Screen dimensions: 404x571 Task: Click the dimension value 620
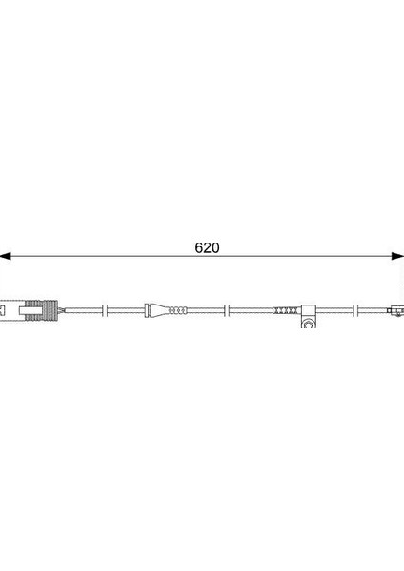(x=207, y=247)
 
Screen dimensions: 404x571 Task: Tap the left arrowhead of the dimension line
(x=5, y=256)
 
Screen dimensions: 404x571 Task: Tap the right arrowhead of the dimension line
(x=397, y=256)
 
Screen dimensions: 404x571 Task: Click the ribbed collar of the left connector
(x=41, y=310)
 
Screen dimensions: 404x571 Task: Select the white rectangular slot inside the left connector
(x=30, y=310)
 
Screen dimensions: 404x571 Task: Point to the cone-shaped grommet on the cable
(x=159, y=310)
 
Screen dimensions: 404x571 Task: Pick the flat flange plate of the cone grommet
(x=147, y=310)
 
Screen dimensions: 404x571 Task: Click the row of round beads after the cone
(x=178, y=310)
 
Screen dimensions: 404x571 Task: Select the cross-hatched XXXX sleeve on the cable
(x=286, y=310)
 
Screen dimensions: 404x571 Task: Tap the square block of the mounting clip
(x=308, y=310)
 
